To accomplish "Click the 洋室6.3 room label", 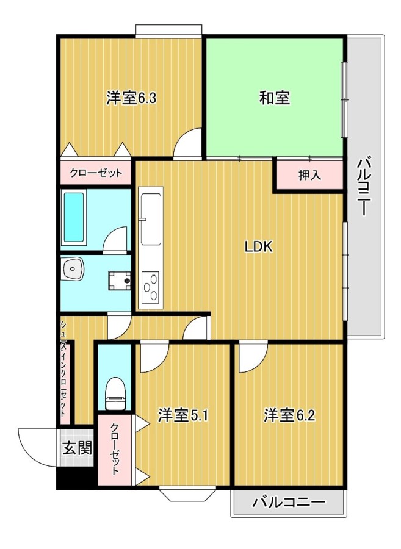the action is pos(131,98).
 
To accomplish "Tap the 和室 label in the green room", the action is pos(275,98).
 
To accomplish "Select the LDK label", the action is pos(258,247).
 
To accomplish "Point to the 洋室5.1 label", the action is pos(183,415).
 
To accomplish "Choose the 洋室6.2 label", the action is pos(289,415).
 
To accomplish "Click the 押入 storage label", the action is pos(309,175).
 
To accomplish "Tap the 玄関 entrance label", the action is pos(78,448).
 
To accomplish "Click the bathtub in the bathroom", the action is pos(73,217).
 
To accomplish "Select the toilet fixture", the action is pos(115,393).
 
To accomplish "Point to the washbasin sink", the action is pos(73,269).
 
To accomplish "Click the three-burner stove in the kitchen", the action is pos(151,286).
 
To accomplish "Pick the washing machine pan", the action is pos(120,281).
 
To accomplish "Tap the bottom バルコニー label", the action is pos(289,503).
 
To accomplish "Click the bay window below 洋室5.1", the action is pos(187,493).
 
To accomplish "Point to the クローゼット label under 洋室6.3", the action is pos(96,173).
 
